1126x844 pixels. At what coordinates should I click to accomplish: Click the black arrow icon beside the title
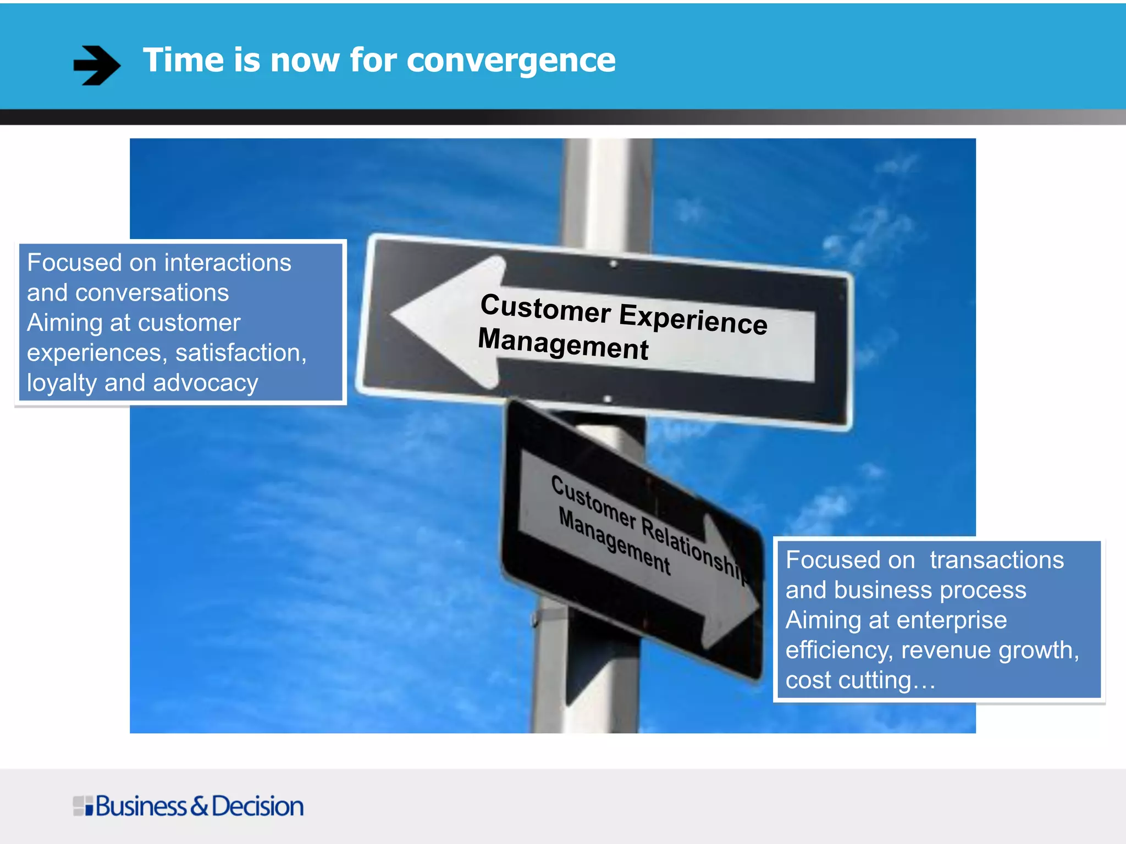[x=97, y=65]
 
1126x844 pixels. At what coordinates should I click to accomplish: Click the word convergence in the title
[x=511, y=60]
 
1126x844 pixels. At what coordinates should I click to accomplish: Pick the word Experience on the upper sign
[x=693, y=318]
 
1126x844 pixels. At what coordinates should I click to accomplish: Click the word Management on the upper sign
[x=563, y=344]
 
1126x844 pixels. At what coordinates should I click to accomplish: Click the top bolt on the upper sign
[x=614, y=264]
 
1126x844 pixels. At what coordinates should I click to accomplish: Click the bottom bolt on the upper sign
[x=608, y=398]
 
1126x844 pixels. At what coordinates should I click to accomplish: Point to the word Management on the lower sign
[x=614, y=542]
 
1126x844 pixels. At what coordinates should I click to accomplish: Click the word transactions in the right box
[x=996, y=560]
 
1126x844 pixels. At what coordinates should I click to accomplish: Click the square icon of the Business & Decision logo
[x=83, y=806]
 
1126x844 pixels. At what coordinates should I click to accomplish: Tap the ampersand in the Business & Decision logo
[x=199, y=806]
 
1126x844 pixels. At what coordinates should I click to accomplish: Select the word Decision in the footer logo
[x=257, y=806]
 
